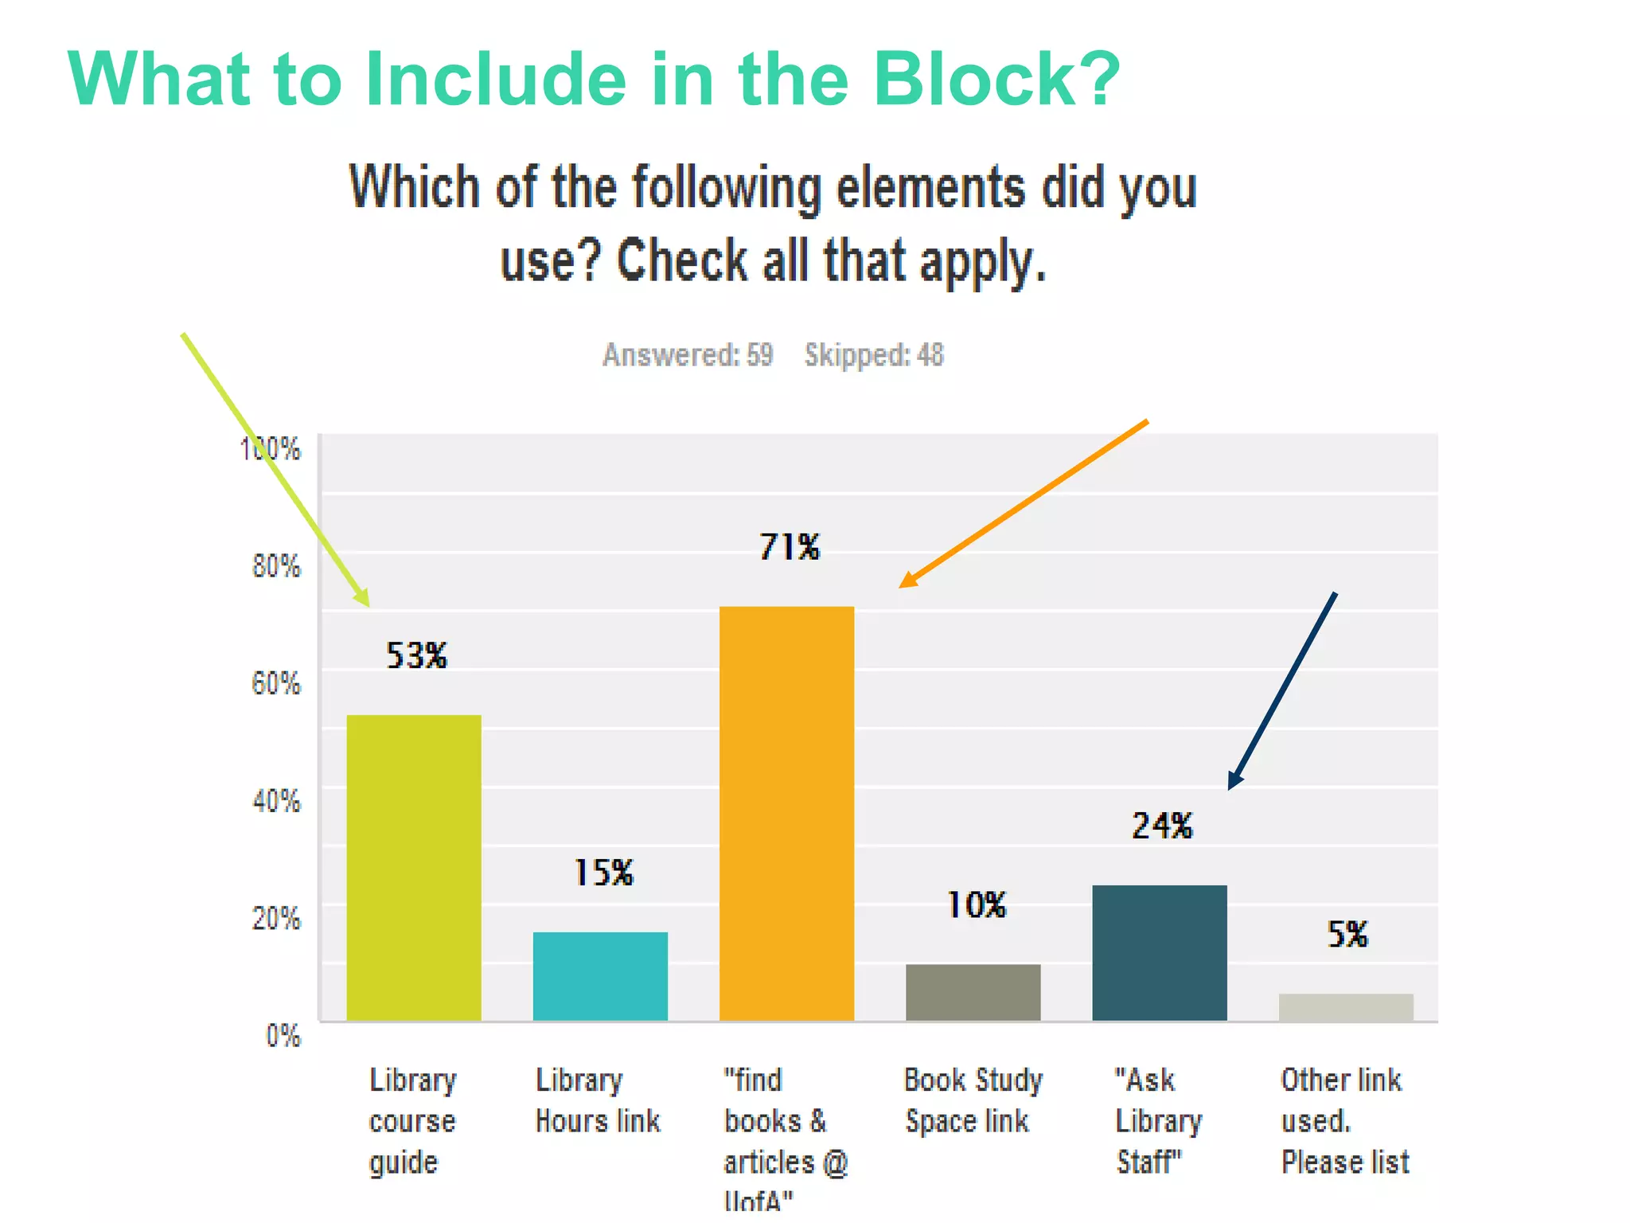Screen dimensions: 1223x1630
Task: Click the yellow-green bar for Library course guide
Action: point(414,867)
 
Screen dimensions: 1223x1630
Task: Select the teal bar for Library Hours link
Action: point(600,975)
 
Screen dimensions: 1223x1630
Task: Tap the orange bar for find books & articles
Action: point(786,813)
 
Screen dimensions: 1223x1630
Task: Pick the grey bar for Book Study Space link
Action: point(973,991)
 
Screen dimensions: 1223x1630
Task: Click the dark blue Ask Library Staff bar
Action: point(1159,952)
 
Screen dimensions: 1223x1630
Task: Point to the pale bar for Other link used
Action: point(1346,1006)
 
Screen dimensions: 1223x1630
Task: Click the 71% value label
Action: point(789,547)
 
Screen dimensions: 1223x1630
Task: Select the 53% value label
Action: point(416,655)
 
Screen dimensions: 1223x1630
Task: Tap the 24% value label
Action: point(1162,826)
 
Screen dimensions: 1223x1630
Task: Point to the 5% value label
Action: point(1347,934)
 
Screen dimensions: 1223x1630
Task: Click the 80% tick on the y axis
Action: point(276,566)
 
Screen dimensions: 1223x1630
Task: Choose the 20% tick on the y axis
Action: point(276,918)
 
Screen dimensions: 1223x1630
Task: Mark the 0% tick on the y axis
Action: point(283,1036)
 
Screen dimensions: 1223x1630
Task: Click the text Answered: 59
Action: point(688,355)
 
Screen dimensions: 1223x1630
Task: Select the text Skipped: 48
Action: point(874,355)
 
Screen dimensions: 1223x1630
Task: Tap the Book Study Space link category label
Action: point(972,1100)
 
